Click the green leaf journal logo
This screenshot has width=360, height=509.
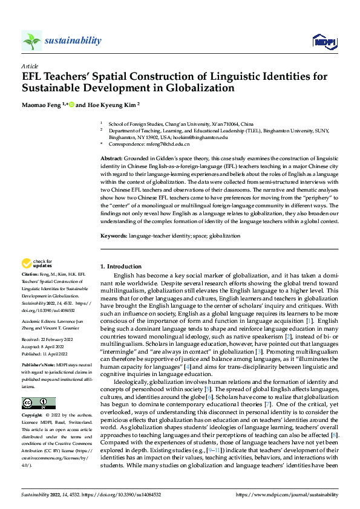[32, 41]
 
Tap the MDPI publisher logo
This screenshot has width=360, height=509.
[323, 41]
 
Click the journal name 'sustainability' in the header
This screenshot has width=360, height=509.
[73, 41]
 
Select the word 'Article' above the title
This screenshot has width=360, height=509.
[29, 65]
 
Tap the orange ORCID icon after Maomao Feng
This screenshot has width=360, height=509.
[71, 104]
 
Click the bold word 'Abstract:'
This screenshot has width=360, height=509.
[113, 158]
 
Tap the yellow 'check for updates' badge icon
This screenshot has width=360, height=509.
[27, 264]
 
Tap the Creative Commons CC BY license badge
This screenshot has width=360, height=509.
[38, 403]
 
